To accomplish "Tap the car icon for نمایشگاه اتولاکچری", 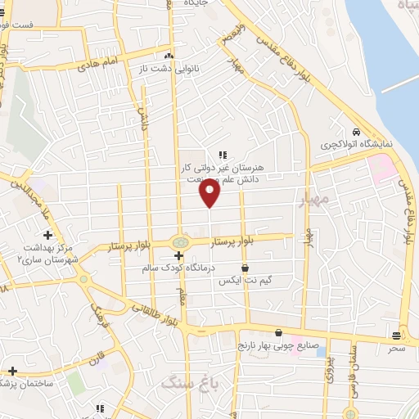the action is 356,132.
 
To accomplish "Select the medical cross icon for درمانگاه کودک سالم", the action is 178,256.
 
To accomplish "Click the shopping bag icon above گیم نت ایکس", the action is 244,268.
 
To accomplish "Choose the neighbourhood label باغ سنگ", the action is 183,382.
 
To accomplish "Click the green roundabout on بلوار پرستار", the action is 179,241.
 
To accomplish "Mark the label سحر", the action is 397,348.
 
